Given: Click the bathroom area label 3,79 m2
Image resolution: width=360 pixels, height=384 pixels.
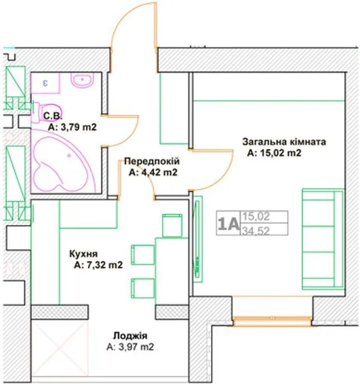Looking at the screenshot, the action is (x=72, y=127).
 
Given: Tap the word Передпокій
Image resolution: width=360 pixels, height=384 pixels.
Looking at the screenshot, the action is (x=152, y=161).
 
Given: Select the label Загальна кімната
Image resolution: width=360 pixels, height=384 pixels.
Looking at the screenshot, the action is (x=284, y=142).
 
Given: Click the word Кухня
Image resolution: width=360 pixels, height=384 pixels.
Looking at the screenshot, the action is (x=83, y=254).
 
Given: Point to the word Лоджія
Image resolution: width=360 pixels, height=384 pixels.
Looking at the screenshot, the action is (x=130, y=336).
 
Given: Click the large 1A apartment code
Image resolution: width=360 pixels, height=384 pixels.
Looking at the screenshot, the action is (x=228, y=224).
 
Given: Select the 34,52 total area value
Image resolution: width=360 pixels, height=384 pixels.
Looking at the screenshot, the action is (x=256, y=230).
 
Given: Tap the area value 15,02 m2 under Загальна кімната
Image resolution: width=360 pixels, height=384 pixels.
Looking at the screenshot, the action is (x=274, y=153).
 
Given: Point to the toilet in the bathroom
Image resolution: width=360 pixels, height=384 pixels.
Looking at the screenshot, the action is (x=47, y=113).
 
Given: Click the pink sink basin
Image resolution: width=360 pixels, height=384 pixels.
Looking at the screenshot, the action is (x=82, y=80).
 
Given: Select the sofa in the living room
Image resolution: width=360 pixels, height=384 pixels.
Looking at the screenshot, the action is (x=323, y=239).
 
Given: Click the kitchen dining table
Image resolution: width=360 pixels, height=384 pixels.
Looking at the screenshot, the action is (x=172, y=271).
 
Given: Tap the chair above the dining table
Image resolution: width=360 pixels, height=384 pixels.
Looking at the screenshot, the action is (x=172, y=226).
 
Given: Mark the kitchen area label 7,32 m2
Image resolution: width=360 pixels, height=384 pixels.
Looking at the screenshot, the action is (x=98, y=265).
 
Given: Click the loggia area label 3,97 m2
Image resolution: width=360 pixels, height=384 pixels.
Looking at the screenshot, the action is (x=130, y=347).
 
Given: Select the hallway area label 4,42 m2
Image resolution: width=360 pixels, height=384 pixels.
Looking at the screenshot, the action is (x=153, y=173).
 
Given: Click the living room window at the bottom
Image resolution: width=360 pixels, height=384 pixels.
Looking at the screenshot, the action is (x=272, y=321).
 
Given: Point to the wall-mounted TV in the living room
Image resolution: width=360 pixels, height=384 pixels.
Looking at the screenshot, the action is (x=197, y=240).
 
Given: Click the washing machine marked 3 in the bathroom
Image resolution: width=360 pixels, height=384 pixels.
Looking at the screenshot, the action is (x=46, y=83).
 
